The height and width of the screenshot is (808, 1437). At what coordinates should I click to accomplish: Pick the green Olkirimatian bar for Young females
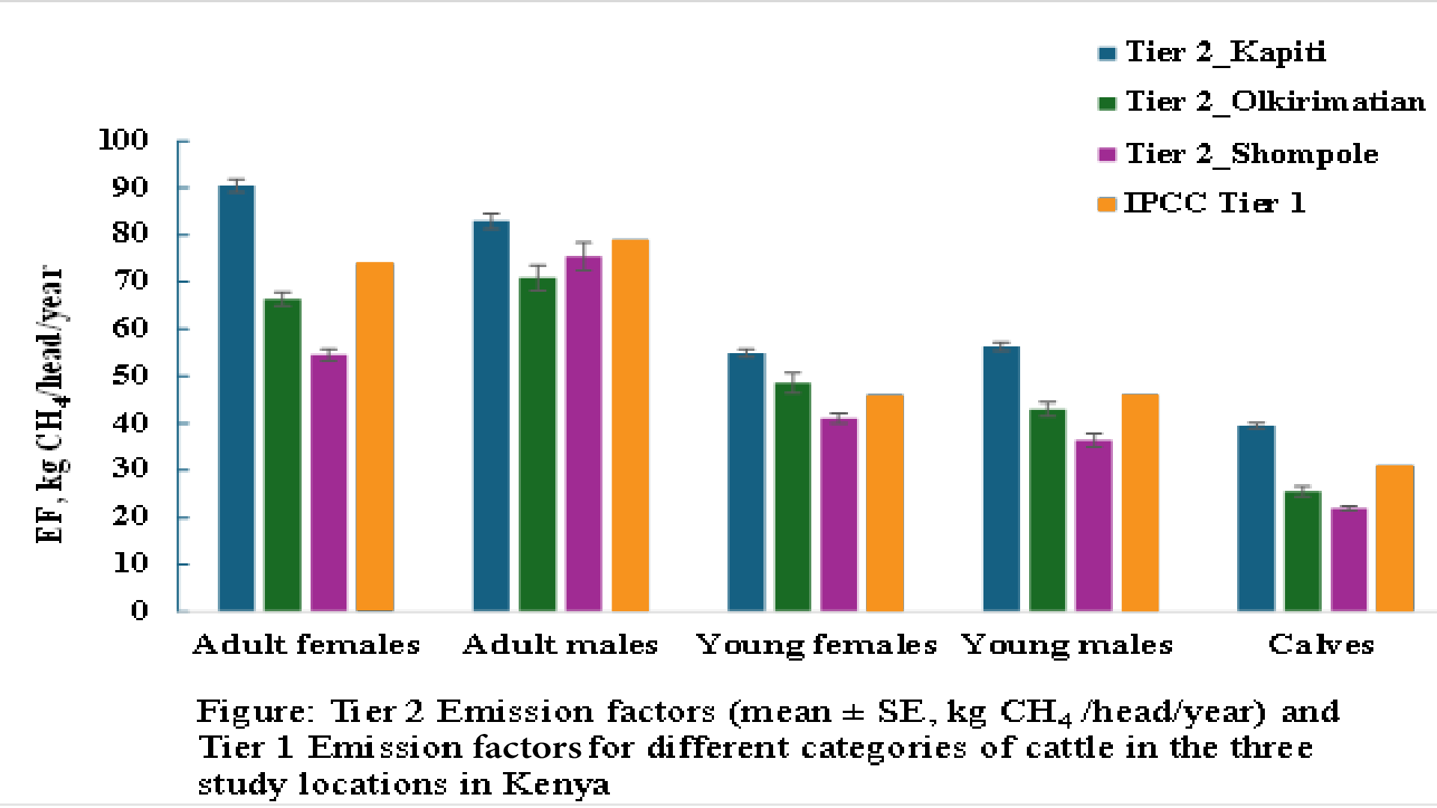click(793, 497)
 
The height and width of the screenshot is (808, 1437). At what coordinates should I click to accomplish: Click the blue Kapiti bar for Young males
click(1001, 479)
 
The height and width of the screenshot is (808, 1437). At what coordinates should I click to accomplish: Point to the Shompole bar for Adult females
click(329, 483)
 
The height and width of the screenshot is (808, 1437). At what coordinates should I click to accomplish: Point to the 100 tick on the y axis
click(124, 140)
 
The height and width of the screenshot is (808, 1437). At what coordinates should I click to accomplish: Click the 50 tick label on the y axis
click(131, 376)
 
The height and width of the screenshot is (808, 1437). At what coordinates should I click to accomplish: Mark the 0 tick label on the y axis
click(140, 611)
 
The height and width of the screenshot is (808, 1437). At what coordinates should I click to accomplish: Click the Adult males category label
click(560, 645)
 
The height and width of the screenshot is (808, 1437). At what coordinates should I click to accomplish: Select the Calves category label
click(1321, 645)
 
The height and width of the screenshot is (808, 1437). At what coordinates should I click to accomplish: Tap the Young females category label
click(816, 645)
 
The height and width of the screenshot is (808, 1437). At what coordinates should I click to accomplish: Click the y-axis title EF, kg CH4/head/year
click(51, 404)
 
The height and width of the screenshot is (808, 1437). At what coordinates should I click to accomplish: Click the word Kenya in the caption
click(555, 785)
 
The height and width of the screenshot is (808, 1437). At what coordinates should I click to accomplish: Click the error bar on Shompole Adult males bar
click(584, 255)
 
